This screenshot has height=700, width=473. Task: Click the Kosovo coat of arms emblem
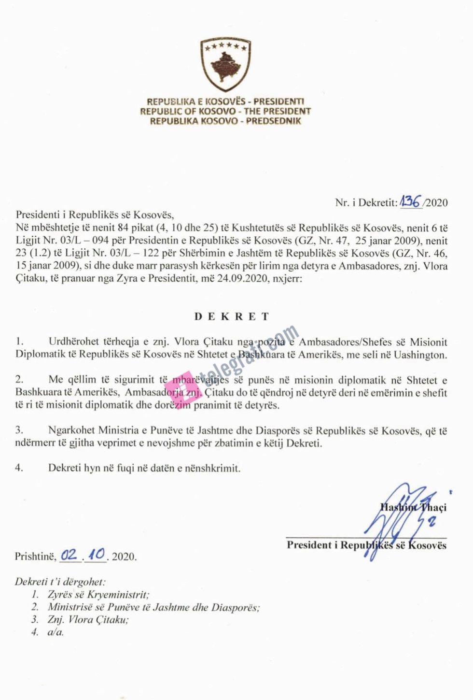tap(225, 64)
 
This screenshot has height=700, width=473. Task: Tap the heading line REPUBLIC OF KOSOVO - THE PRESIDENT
tap(225, 111)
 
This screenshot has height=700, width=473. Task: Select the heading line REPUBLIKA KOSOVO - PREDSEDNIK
tap(225, 121)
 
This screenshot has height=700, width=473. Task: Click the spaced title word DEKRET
tap(231, 317)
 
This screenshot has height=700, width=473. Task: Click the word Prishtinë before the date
tap(36, 557)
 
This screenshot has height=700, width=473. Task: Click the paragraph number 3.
tap(19, 430)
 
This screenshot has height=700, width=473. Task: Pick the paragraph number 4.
tap(19, 468)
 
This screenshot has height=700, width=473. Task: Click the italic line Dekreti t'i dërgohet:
tap(60, 582)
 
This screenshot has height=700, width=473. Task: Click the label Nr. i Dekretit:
tap(366, 203)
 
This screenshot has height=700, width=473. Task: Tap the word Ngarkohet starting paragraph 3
tap(72, 430)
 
